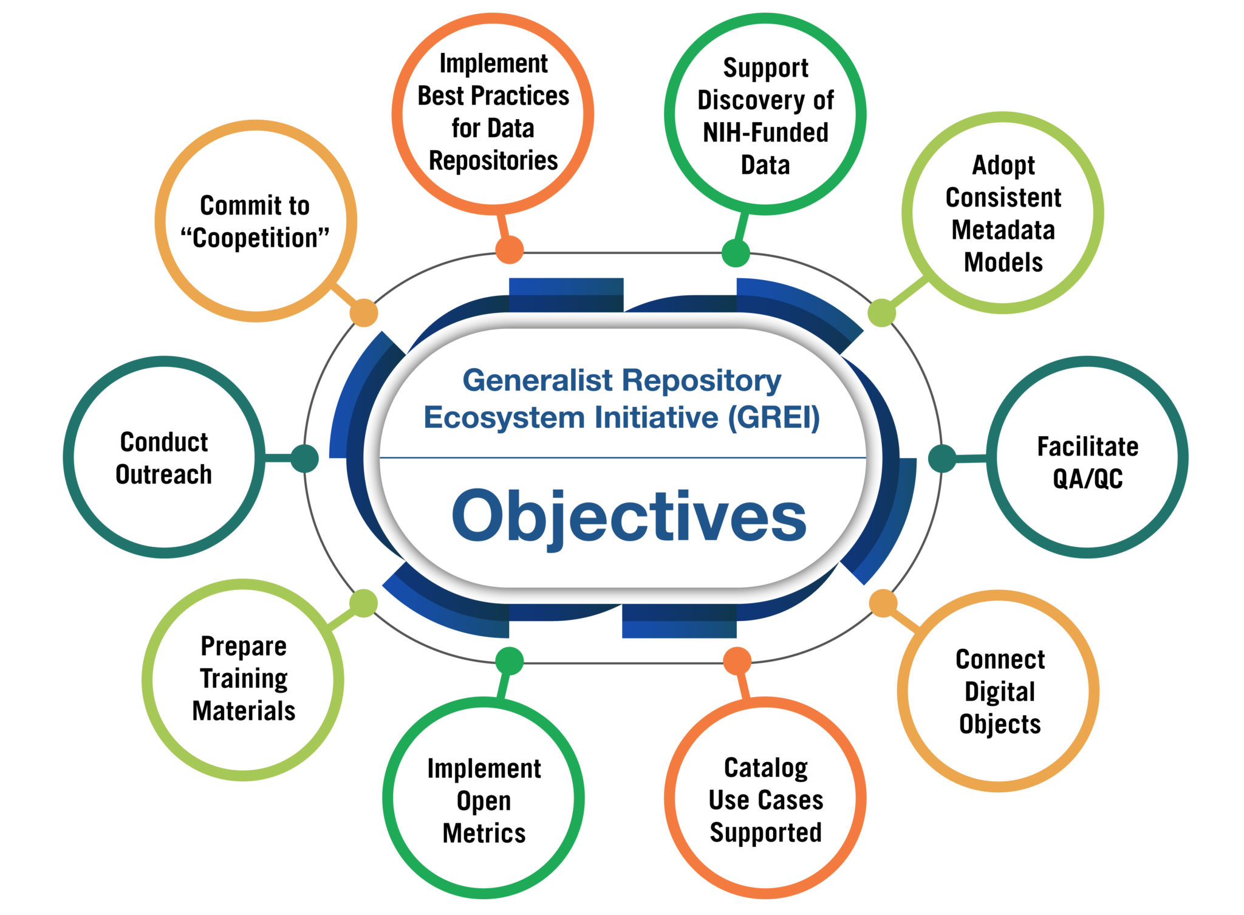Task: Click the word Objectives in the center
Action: [629, 516]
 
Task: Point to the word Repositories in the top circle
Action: [493, 161]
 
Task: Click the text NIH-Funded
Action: [765, 132]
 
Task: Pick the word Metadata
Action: [1003, 230]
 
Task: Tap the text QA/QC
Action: [1087, 479]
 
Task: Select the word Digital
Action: [1000, 692]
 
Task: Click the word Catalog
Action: [766, 768]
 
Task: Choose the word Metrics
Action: [484, 833]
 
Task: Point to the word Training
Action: [244, 679]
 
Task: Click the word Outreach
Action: [164, 475]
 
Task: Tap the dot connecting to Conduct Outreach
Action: [304, 458]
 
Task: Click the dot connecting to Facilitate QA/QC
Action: [942, 458]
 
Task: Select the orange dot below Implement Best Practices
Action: [510, 249]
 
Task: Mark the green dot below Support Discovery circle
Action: [736, 253]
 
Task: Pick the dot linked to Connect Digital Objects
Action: [883, 603]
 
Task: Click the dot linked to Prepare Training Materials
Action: [363, 603]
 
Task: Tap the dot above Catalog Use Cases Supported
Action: [737, 661]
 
